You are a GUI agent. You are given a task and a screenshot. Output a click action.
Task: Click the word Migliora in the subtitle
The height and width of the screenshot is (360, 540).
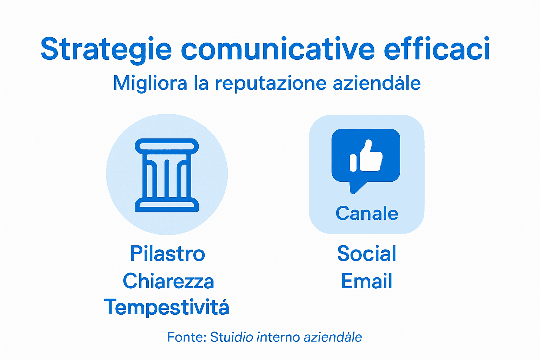coord(150,83)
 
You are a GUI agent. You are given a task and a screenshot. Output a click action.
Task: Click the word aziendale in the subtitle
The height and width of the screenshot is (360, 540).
coord(377,83)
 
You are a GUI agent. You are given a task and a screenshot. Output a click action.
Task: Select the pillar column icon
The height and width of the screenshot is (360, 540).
coord(167,175)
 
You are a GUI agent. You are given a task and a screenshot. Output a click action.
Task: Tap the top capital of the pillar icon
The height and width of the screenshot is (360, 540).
coord(167,145)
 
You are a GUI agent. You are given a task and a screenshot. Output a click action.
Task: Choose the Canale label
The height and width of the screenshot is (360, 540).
coord(367,213)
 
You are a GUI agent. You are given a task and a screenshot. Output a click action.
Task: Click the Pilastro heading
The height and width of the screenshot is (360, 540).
coord(167,253)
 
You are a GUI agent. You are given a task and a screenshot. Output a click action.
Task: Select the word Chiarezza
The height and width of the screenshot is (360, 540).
coord(168,281)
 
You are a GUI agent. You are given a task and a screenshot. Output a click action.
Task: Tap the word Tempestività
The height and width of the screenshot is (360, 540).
coord(167,307)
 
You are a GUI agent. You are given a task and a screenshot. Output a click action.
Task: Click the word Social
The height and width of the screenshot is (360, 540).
coord(367,253)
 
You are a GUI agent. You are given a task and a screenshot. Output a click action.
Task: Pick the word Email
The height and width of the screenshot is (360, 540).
coord(366,281)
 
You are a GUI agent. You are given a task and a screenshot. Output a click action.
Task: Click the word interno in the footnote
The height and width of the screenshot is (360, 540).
coord(278,337)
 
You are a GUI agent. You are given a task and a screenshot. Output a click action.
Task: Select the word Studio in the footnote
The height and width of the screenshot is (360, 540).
coord(231,337)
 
